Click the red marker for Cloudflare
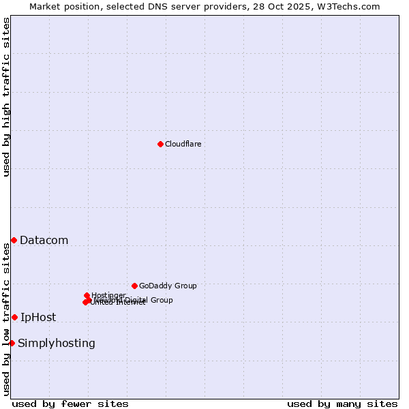click(160, 144)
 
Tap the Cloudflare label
click(183, 144)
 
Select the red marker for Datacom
click(14, 240)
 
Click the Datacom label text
click(44, 240)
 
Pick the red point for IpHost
click(14, 317)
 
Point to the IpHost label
click(38, 317)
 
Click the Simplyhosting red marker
click(12, 343)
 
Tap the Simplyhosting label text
click(57, 343)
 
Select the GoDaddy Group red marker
click(134, 286)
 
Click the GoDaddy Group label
click(168, 286)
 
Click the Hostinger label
click(108, 295)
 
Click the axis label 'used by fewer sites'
click(70, 404)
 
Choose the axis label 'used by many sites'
click(342, 404)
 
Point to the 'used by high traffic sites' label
click(6, 97)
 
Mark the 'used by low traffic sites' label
click(6, 319)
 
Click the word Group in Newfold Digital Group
click(161, 300)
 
